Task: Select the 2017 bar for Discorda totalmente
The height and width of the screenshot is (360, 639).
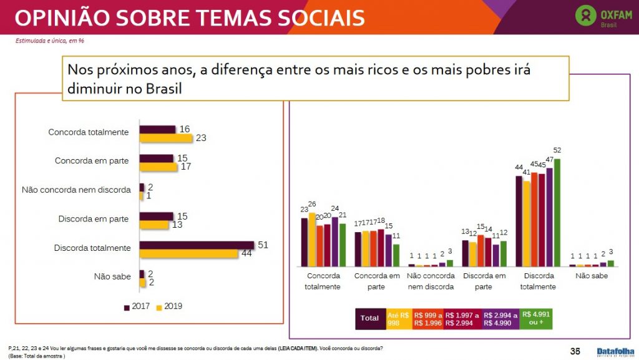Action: click(x=197, y=244)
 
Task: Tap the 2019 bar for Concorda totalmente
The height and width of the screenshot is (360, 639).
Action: click(x=165, y=138)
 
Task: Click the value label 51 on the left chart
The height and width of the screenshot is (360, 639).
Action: click(x=263, y=245)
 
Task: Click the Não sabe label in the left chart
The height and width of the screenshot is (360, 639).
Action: click(x=112, y=276)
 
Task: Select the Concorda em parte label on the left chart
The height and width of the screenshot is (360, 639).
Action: click(x=92, y=160)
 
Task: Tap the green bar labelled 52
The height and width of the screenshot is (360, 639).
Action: click(x=557, y=212)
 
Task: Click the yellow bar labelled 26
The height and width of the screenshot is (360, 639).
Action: click(x=312, y=240)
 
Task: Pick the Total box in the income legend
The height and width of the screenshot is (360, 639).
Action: click(x=369, y=318)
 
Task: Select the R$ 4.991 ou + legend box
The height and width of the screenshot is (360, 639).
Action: click(x=537, y=318)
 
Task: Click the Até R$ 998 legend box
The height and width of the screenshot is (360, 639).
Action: click(x=398, y=318)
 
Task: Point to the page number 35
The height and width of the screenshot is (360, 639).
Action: click(x=575, y=350)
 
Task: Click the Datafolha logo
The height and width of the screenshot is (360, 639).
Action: click(x=615, y=351)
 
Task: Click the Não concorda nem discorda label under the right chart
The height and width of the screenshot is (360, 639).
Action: click(x=430, y=281)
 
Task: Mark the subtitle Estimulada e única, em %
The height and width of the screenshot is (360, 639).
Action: click(x=50, y=41)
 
